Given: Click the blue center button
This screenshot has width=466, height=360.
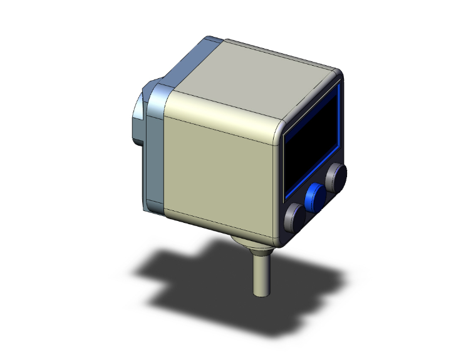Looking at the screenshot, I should click(316, 198).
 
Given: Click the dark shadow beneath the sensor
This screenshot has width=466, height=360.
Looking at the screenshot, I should click(188, 269).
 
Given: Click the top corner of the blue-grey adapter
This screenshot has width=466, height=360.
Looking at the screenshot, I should click(210, 39).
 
